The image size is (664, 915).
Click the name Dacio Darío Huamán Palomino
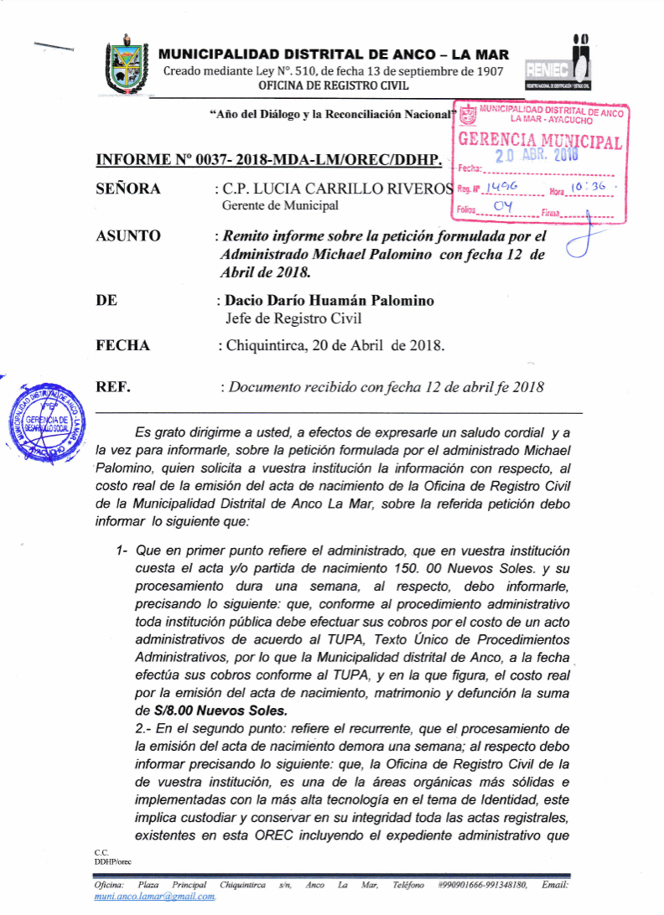330,301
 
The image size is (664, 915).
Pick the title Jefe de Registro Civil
294,318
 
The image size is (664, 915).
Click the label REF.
114,388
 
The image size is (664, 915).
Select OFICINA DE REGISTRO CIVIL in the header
334,85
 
